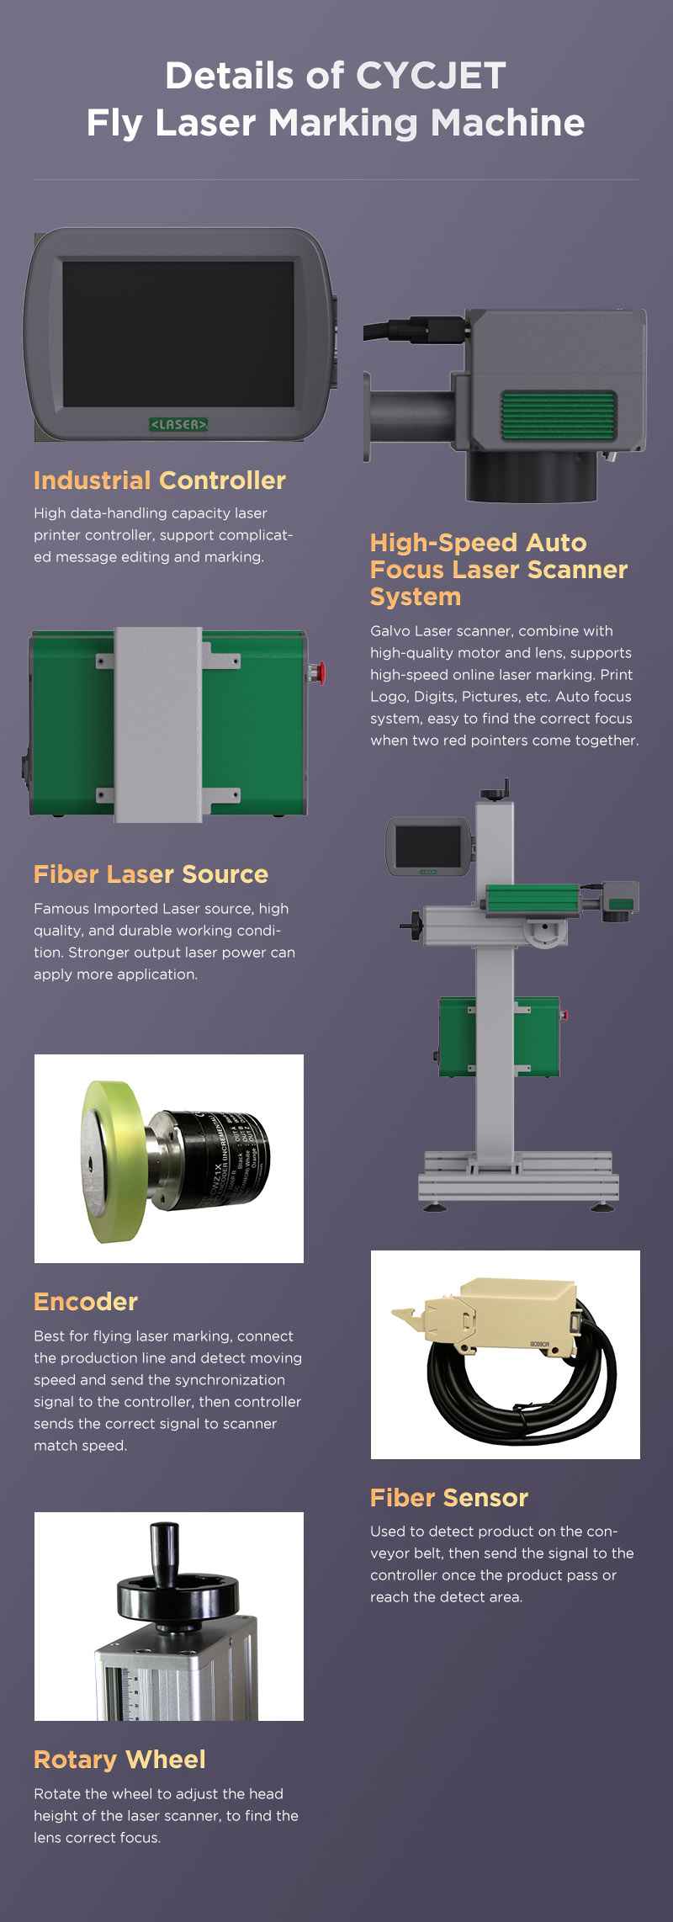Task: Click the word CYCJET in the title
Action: click(431, 77)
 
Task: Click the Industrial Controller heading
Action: click(160, 481)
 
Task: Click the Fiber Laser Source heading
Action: click(151, 874)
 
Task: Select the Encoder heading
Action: click(86, 1302)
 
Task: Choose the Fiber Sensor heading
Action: click(449, 1498)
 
